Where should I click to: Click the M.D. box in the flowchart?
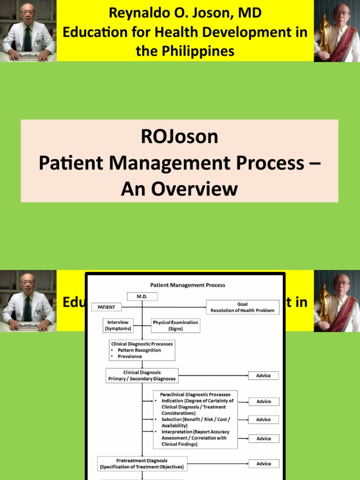point(142,296)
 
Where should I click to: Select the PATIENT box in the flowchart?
point(106,307)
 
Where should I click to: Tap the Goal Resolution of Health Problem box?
point(242,307)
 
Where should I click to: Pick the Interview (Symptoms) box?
point(118,325)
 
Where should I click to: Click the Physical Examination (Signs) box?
point(175,325)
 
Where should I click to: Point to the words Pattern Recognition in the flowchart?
point(139,350)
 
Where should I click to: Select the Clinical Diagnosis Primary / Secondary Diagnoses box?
point(142,375)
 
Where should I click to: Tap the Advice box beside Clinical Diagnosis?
point(263,375)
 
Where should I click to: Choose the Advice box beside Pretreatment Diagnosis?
point(263,464)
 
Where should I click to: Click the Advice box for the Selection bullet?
point(263,420)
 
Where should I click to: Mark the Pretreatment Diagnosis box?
point(142,464)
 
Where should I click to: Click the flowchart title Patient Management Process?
point(187,285)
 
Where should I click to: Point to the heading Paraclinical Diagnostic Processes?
point(195,395)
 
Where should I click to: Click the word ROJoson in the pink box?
point(180,137)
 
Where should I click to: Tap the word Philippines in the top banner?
point(185,51)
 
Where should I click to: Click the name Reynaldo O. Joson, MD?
point(185,13)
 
